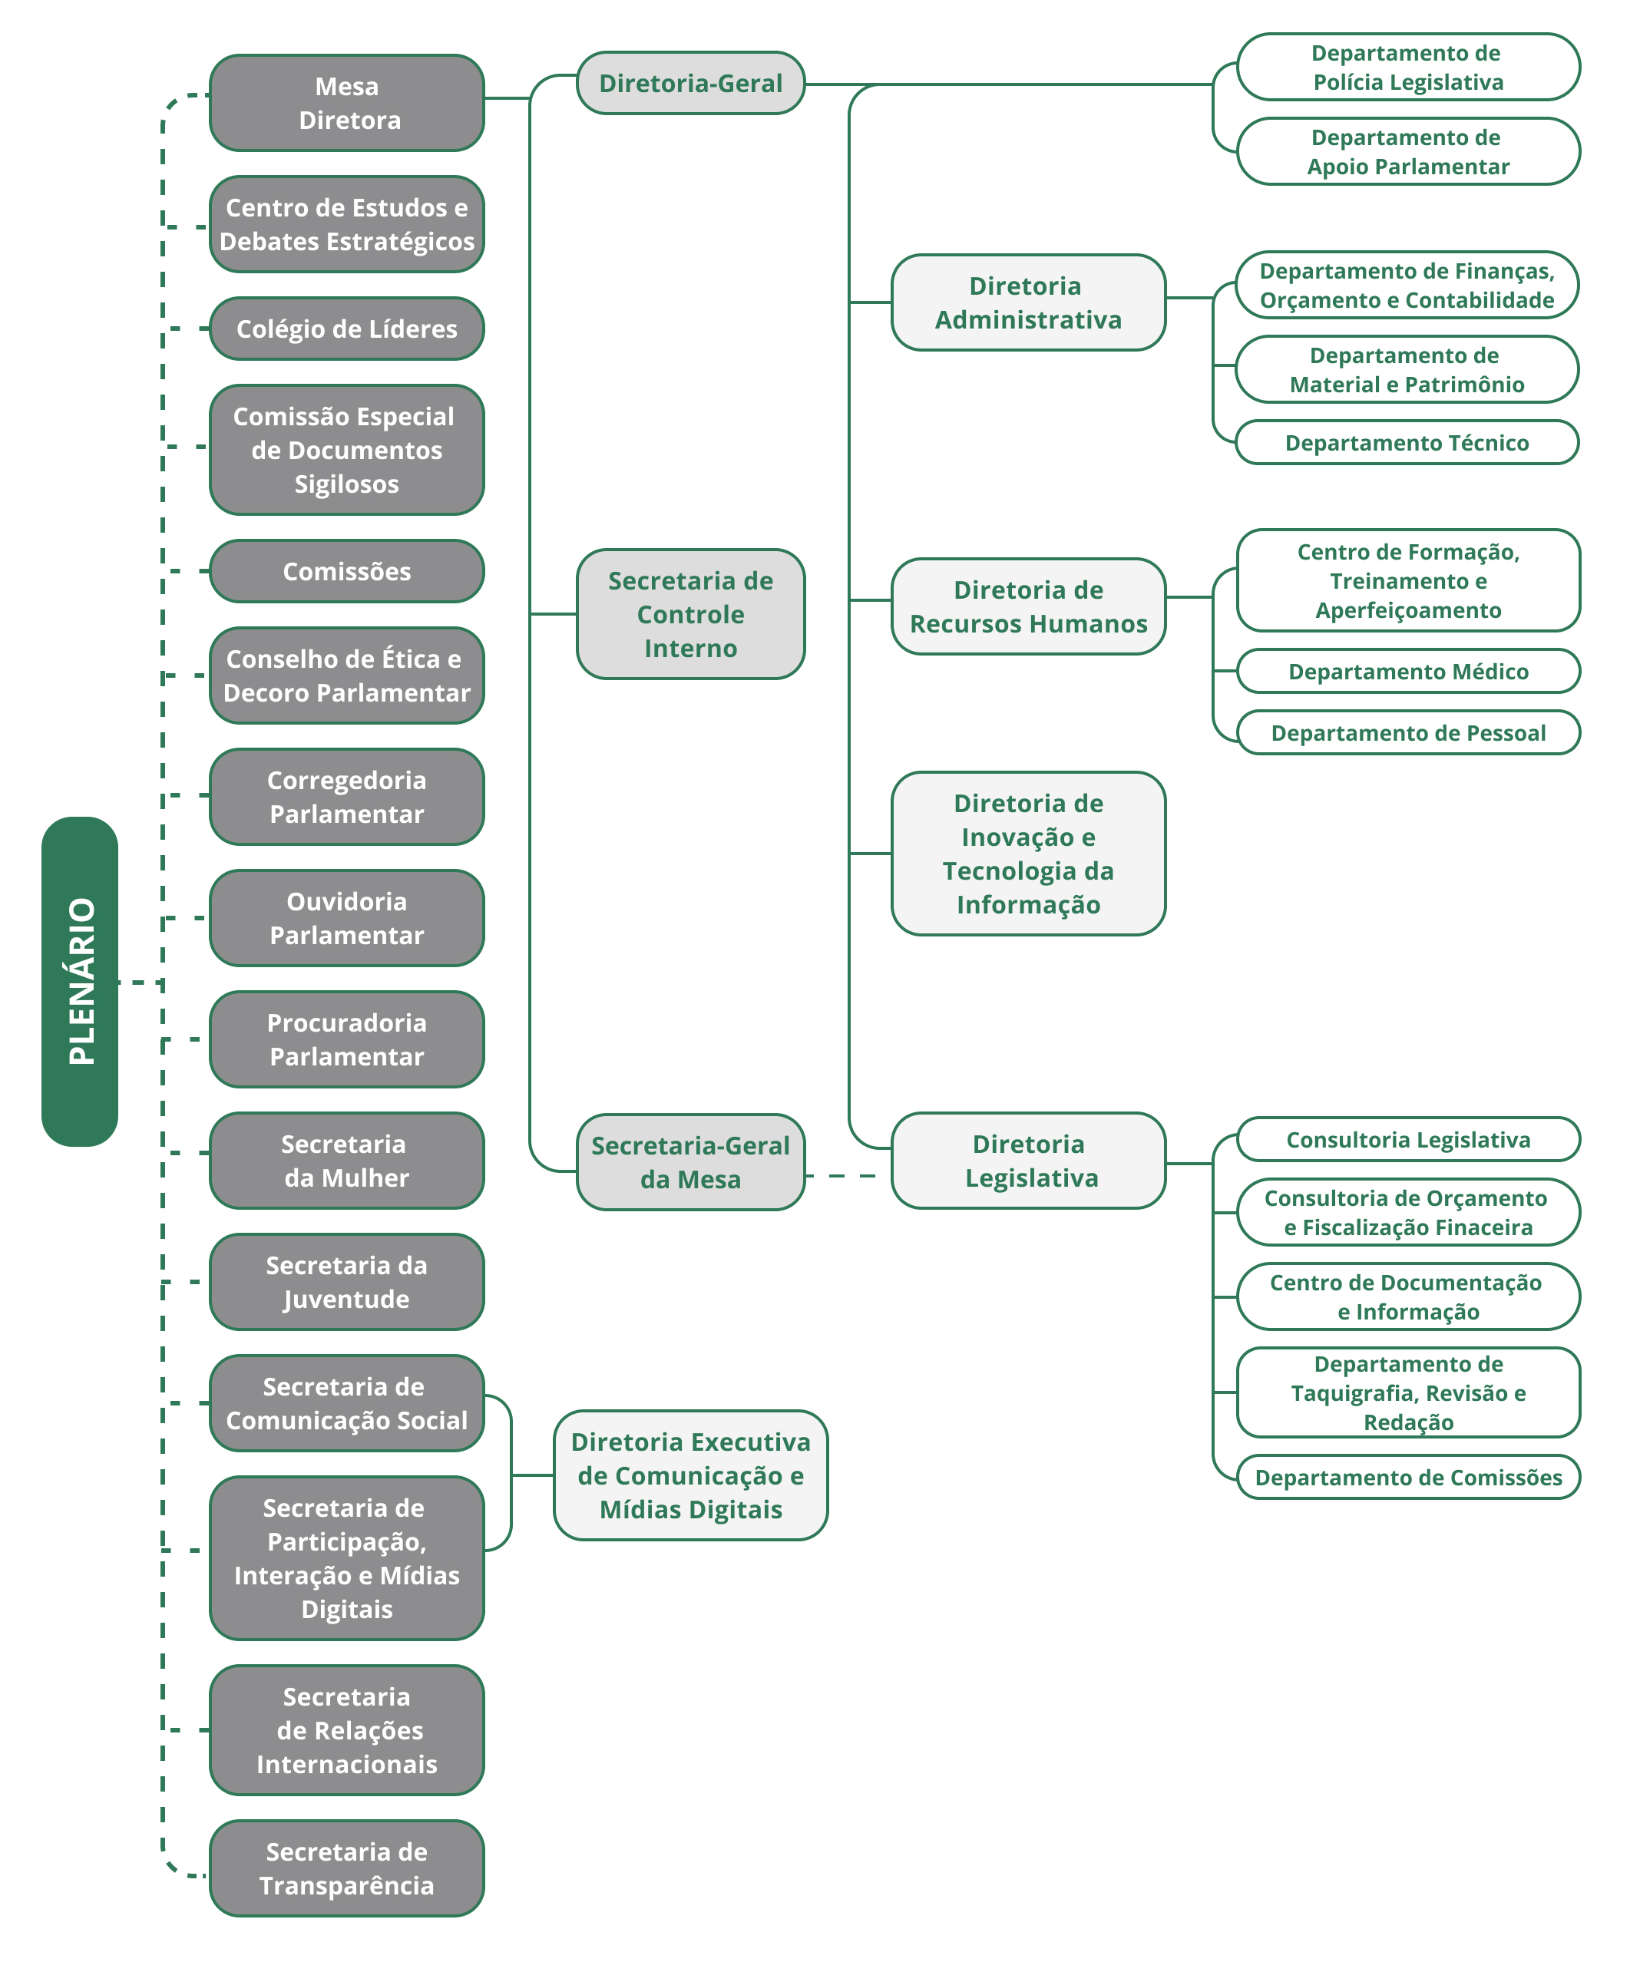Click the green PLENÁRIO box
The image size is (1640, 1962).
pyautogui.click(x=79, y=981)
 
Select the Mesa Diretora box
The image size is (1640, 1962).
pyautogui.click(x=347, y=103)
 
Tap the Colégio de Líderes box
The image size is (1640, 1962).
pyautogui.click(x=347, y=329)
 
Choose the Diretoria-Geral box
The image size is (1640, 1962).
pyautogui.click(x=690, y=83)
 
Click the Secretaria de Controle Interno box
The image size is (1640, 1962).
pyautogui.click(x=690, y=614)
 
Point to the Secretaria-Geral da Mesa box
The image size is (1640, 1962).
pyautogui.click(x=690, y=1162)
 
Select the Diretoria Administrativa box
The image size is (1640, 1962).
pyautogui.click(x=1028, y=302)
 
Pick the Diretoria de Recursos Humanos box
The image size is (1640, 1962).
pyautogui.click(x=1028, y=606)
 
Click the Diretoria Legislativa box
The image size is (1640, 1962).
pyautogui.click(x=1028, y=1161)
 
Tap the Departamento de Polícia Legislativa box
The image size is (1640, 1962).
pyautogui.click(x=1407, y=68)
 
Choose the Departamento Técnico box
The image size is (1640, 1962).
pyautogui.click(x=1407, y=443)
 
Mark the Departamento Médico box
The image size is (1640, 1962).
pyautogui.click(x=1407, y=671)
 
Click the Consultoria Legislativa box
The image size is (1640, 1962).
pyautogui.click(x=1407, y=1139)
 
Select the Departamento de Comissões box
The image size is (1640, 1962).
pyautogui.click(x=1407, y=1477)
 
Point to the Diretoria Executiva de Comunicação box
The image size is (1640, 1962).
pyautogui.click(x=690, y=1475)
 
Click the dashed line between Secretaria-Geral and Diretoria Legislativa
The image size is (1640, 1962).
pyautogui.click(x=845, y=1175)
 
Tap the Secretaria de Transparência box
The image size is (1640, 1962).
pyautogui.click(x=347, y=1868)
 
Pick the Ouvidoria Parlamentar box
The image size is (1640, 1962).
pyautogui.click(x=347, y=918)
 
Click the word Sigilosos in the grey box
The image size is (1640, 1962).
pyautogui.click(x=347, y=484)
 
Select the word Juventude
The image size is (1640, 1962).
pyautogui.click(x=347, y=1300)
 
